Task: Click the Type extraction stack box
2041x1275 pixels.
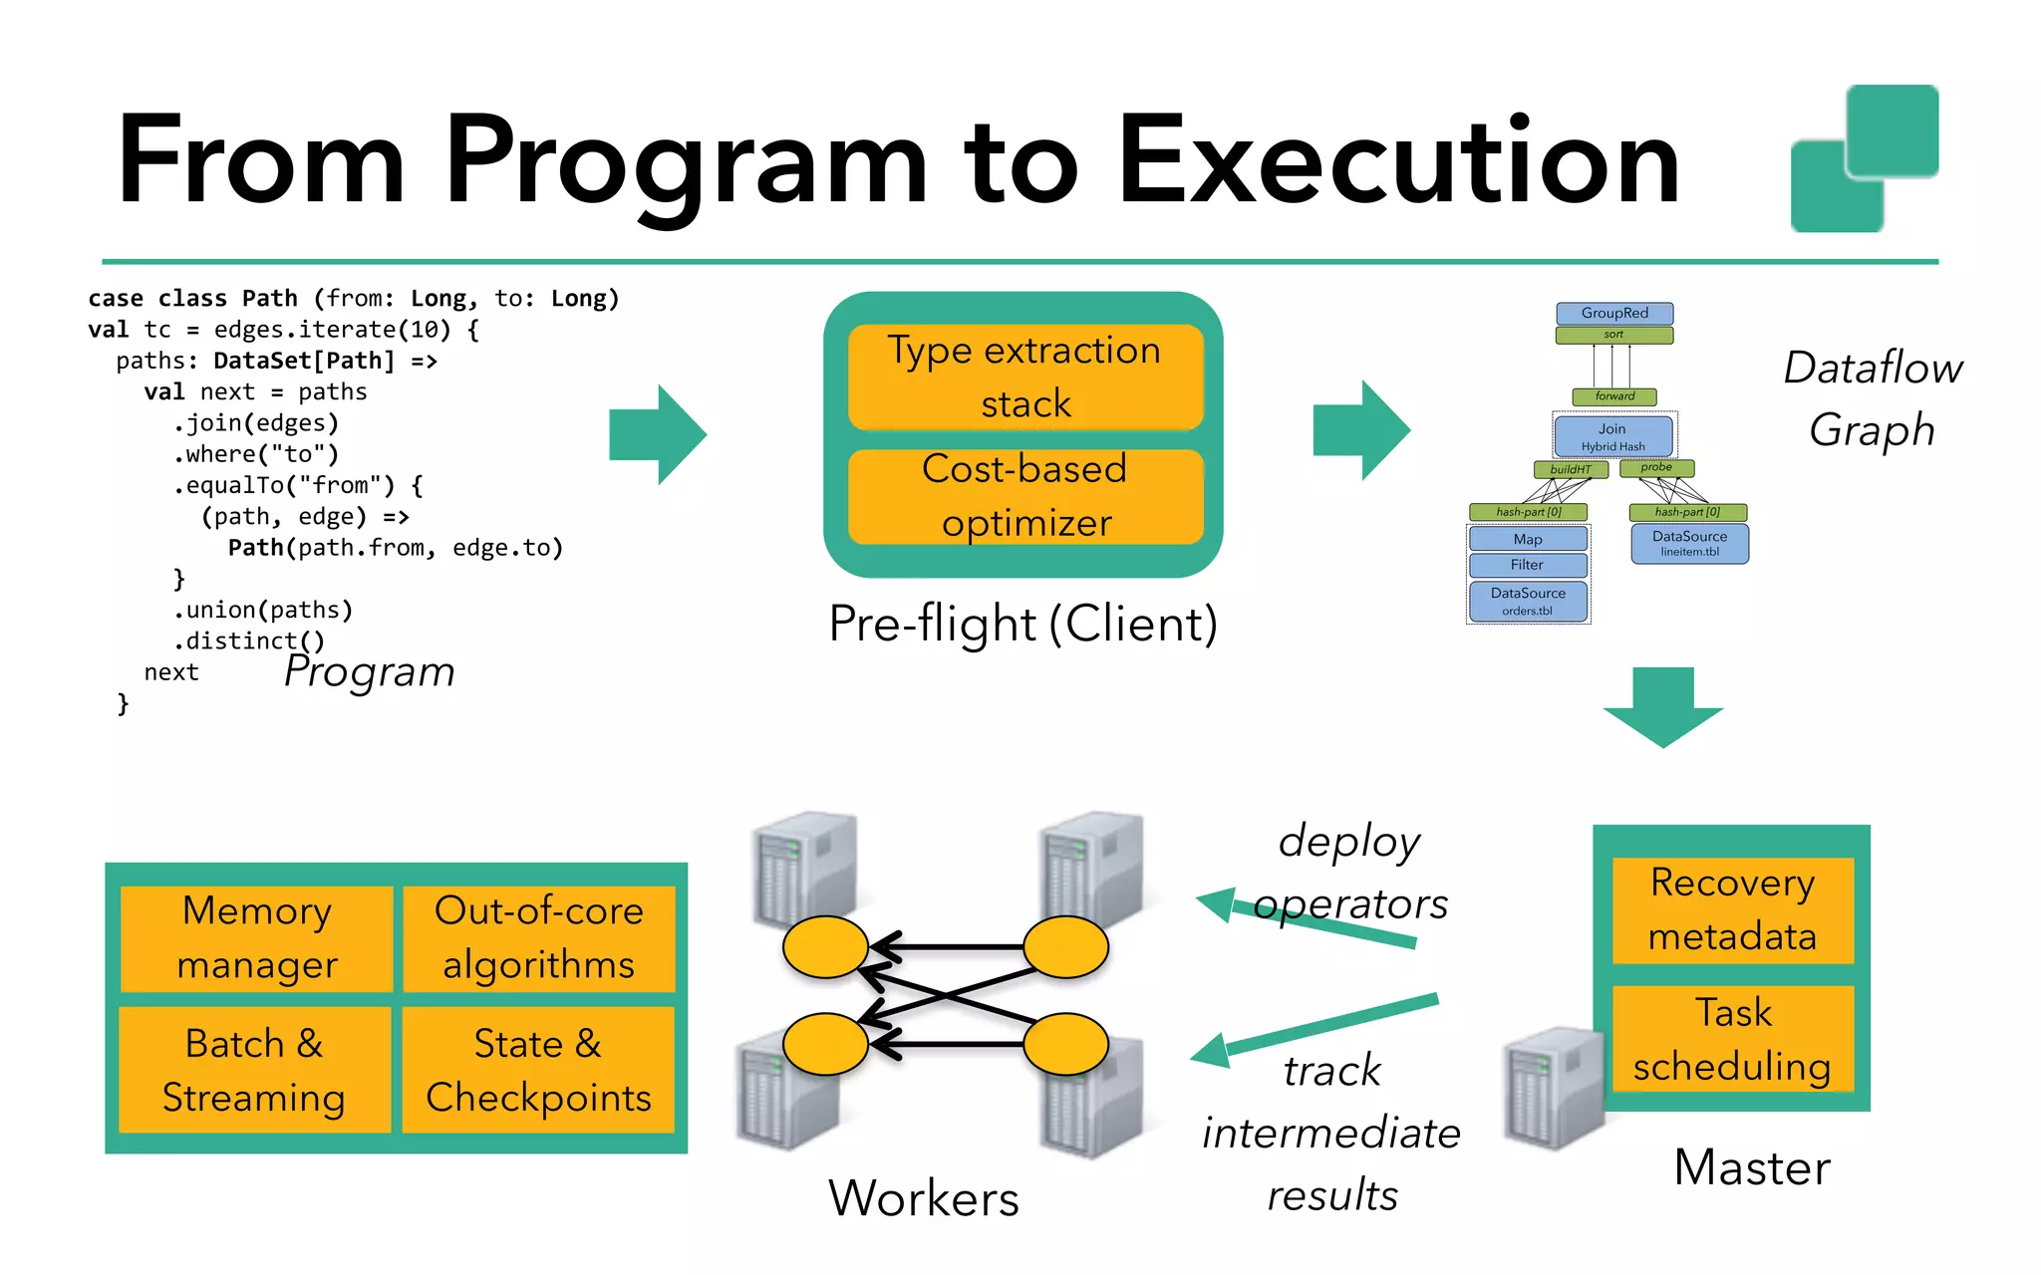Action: (x=1025, y=377)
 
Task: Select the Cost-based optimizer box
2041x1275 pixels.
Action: (x=1025, y=496)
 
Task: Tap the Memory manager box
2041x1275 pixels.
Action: (x=257, y=938)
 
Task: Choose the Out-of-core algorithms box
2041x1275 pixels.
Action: (x=539, y=938)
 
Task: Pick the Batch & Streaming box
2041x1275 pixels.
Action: (x=255, y=1070)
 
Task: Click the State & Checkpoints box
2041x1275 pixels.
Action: (x=538, y=1070)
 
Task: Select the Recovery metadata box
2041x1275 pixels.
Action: (x=1732, y=909)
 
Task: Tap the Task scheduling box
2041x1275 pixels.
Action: (x=1732, y=1039)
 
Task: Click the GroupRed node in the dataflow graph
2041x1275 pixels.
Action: (x=1614, y=313)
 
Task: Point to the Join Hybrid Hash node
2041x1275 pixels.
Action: (x=1613, y=436)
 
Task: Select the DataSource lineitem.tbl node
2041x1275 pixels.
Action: (x=1689, y=543)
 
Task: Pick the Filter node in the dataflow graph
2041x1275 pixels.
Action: (x=1527, y=565)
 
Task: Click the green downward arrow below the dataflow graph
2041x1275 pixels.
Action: (x=1662, y=707)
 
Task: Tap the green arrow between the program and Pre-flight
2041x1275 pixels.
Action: (x=658, y=434)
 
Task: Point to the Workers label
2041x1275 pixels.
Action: (x=924, y=1197)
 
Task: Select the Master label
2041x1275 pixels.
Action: (x=1752, y=1166)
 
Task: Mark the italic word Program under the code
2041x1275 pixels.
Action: (x=370, y=672)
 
